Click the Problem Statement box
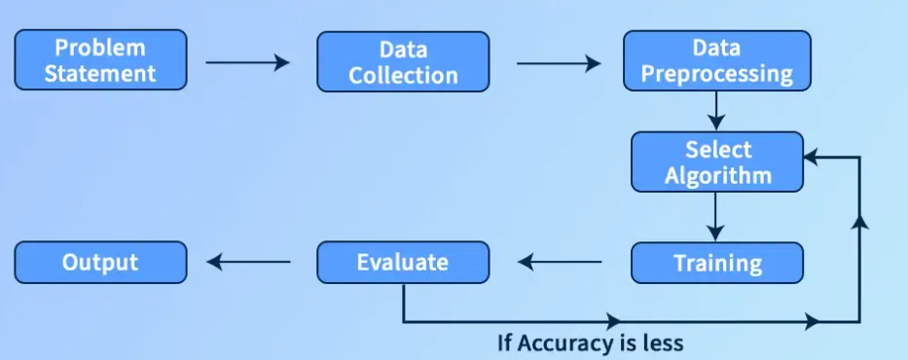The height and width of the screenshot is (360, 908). [x=101, y=60]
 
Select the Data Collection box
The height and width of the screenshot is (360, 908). [x=403, y=61]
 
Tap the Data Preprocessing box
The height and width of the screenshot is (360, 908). [x=717, y=60]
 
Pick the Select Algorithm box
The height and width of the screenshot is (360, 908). [x=717, y=162]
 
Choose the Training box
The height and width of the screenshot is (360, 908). [x=717, y=263]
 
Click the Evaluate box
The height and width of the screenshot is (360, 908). [x=403, y=262]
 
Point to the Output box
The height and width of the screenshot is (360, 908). [x=101, y=262]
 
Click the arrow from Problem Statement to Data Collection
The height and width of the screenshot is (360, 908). [x=248, y=62]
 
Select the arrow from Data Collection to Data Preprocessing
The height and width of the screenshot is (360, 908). [x=559, y=63]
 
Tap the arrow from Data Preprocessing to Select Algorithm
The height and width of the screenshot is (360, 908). [x=716, y=111]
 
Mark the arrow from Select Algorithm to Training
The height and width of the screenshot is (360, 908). [x=715, y=216]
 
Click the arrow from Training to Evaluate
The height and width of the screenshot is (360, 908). [x=560, y=262]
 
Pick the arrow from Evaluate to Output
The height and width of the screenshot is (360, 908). [x=248, y=262]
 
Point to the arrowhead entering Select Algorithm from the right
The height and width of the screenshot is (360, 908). [x=811, y=157]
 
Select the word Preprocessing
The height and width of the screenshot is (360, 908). [x=717, y=75]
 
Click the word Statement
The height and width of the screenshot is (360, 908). [x=100, y=73]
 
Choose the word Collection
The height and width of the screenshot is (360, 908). [x=403, y=75]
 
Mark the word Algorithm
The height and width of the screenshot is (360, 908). [x=718, y=175]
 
